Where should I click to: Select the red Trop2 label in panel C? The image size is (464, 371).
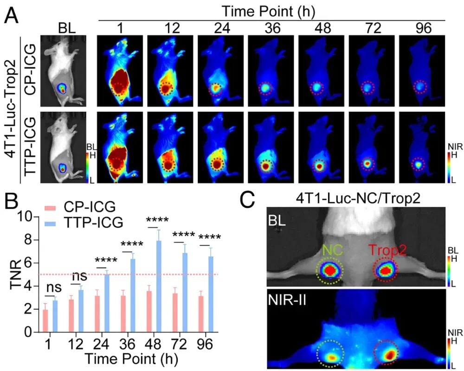coord(388,250)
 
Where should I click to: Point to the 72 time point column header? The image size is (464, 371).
coord(367,28)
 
